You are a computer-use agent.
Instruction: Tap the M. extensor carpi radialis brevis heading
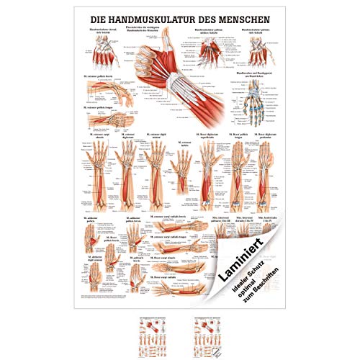(167, 215)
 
